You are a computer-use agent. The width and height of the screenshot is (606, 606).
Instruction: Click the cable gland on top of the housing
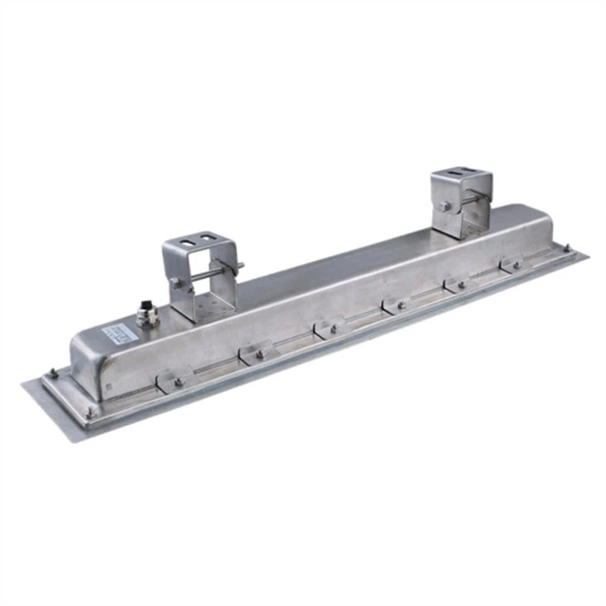click(x=145, y=315)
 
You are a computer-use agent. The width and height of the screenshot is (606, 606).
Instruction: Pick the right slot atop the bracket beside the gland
click(x=213, y=242)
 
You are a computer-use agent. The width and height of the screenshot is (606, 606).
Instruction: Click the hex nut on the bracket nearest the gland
click(x=176, y=282)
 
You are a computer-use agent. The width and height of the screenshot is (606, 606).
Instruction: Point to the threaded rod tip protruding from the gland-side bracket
click(x=240, y=266)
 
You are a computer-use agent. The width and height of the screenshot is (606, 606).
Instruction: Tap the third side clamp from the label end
click(x=329, y=329)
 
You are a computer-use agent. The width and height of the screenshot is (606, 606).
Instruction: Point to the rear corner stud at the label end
click(x=51, y=371)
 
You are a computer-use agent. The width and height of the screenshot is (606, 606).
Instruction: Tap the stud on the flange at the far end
click(x=567, y=247)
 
